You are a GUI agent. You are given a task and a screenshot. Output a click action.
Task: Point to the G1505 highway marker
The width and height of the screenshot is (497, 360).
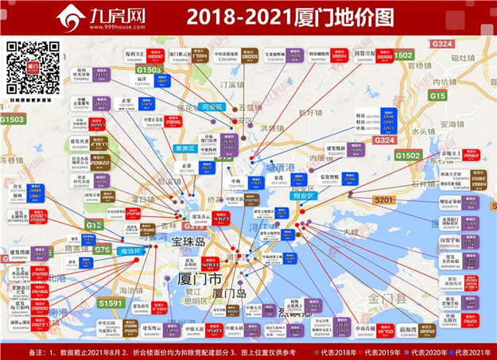[148, 70]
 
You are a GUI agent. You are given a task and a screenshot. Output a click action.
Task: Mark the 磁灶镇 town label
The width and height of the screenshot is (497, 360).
[461, 57]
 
